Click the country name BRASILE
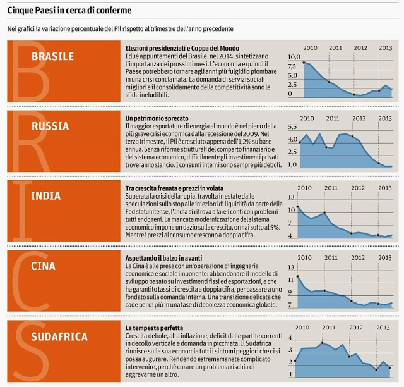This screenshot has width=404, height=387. [x=52, y=56]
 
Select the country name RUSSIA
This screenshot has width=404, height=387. [x=50, y=126]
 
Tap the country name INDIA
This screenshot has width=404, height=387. [x=46, y=195]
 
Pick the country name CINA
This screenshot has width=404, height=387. [x=44, y=266]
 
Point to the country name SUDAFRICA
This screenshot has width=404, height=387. [x=59, y=336]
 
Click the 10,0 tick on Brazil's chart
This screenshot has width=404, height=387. [x=294, y=57]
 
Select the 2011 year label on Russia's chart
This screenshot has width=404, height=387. [x=333, y=118]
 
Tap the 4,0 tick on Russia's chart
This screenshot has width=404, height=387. [x=292, y=139]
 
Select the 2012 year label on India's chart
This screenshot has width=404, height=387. [x=357, y=188]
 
